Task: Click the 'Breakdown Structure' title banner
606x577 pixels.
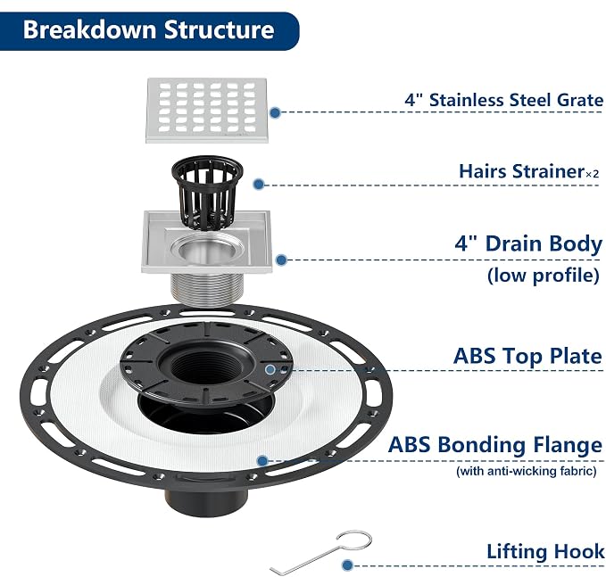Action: coord(149,31)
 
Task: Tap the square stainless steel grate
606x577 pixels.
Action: coord(207,111)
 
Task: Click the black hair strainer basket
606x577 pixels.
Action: coord(208,191)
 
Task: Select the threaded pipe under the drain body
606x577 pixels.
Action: coord(207,289)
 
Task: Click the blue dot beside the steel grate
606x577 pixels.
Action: coord(275,112)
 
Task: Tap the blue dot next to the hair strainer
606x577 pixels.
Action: coord(259,185)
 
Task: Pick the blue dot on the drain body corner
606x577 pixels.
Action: coord(282,260)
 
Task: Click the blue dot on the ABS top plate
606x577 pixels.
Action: coord(270,369)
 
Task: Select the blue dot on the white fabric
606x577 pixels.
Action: coord(262,460)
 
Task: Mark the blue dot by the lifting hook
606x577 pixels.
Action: coord(348,565)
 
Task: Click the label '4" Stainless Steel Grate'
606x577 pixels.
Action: coord(503,100)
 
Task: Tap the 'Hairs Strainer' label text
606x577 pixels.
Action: coord(522,171)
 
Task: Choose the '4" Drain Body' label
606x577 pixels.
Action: coord(528,244)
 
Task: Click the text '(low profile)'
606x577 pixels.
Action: coord(544,276)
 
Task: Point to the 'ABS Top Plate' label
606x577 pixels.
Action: coord(527,356)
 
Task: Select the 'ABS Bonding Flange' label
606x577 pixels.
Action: coord(495,444)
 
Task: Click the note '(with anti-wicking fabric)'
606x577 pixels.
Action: coord(527,471)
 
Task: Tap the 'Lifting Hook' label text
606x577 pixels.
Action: coord(545,551)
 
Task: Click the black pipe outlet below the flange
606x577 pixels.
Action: coord(206,500)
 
